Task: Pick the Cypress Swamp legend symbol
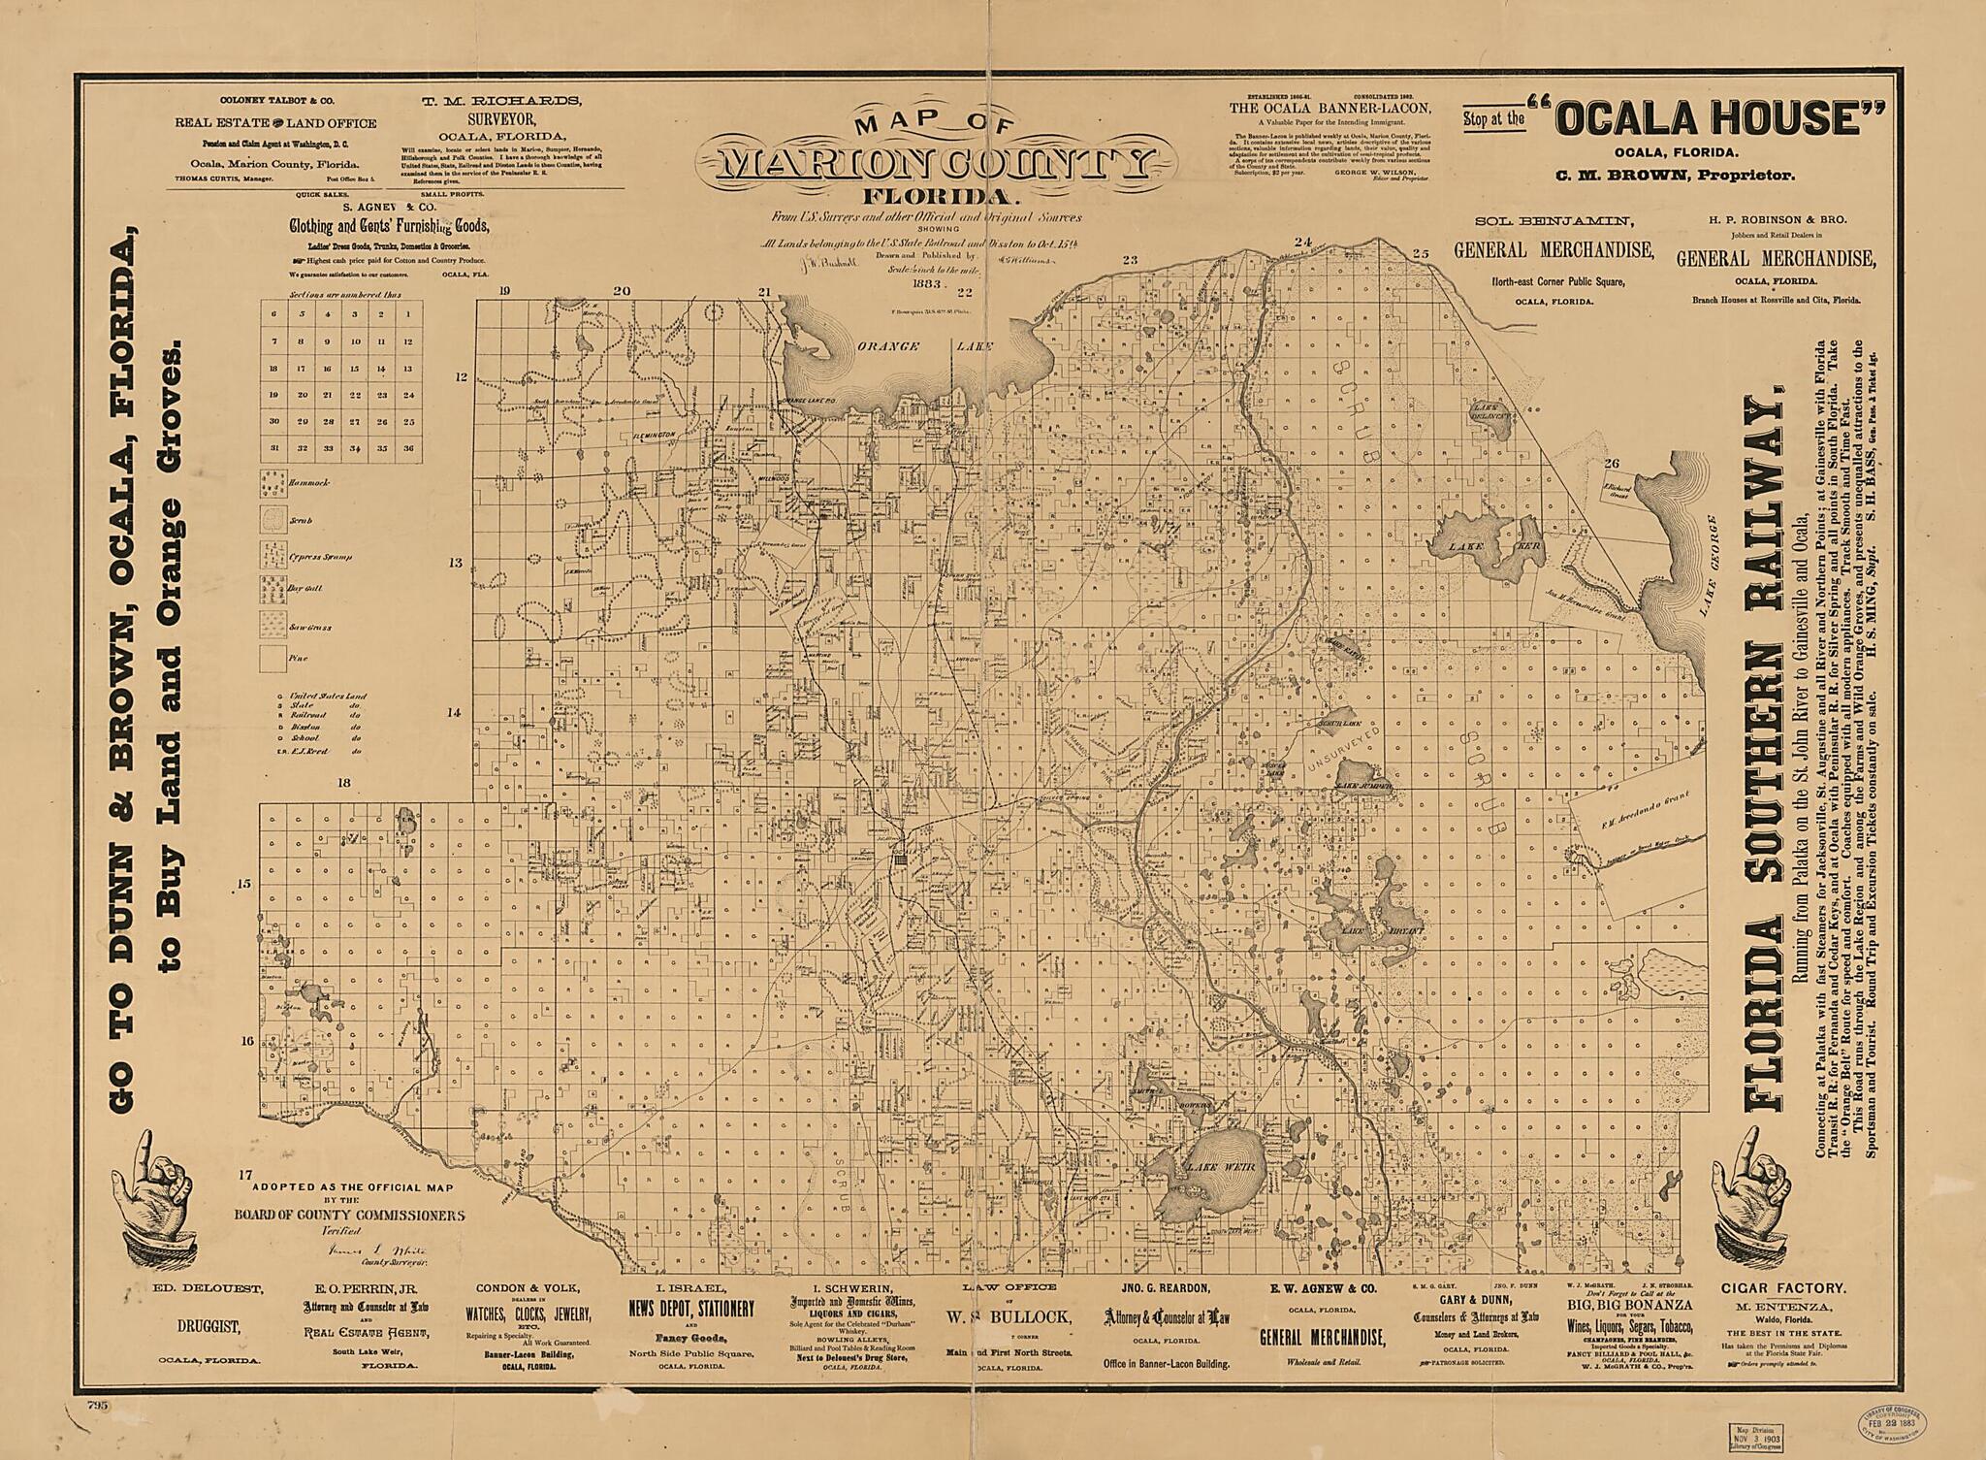272,554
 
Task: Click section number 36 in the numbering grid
408,448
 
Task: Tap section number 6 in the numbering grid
274,314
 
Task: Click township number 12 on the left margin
462,376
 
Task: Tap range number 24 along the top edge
1303,242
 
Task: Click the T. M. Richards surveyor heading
500,101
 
